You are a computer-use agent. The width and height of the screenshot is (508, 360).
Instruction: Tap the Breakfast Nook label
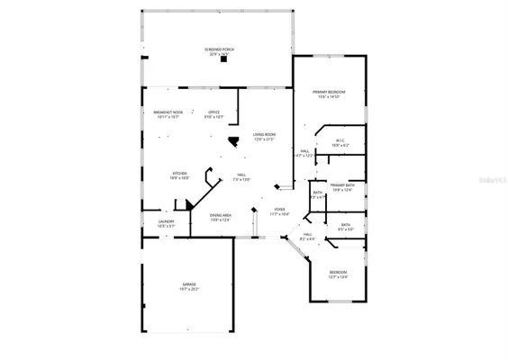pyautogui.click(x=156, y=112)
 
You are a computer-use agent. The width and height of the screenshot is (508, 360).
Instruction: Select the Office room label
pyautogui.click(x=213, y=112)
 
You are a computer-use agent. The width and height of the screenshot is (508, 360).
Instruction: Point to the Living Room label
pyautogui.click(x=264, y=134)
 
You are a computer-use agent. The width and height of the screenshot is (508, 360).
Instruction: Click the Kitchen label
pyautogui.click(x=179, y=173)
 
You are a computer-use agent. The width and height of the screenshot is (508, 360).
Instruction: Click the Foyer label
pyautogui.click(x=279, y=209)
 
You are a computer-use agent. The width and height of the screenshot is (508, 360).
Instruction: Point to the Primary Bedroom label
pyautogui.click(x=330, y=92)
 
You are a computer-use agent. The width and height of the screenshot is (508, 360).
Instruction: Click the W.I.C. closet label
pyautogui.click(x=340, y=139)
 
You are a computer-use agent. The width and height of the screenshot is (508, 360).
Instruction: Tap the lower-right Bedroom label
pyautogui.click(x=338, y=272)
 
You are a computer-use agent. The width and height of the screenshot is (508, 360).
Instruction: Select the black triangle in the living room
pyautogui.click(x=233, y=141)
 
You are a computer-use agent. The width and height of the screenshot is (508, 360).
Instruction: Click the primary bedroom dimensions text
pyautogui.click(x=330, y=97)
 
